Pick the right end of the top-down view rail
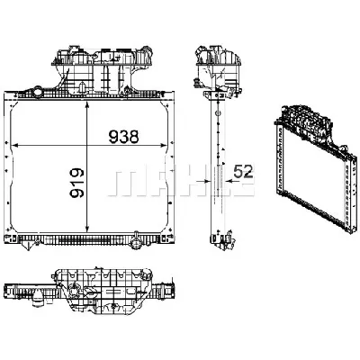point(174,290)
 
